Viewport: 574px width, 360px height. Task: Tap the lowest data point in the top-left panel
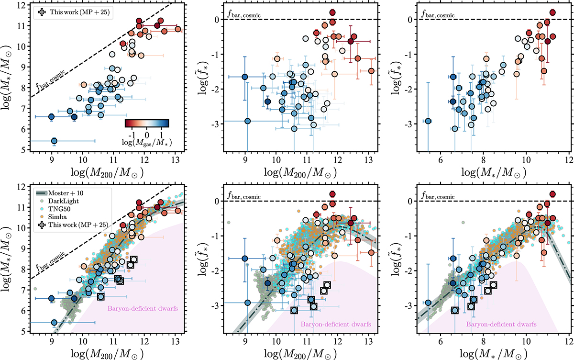click(54, 141)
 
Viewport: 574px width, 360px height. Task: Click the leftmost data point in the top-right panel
click(429, 121)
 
